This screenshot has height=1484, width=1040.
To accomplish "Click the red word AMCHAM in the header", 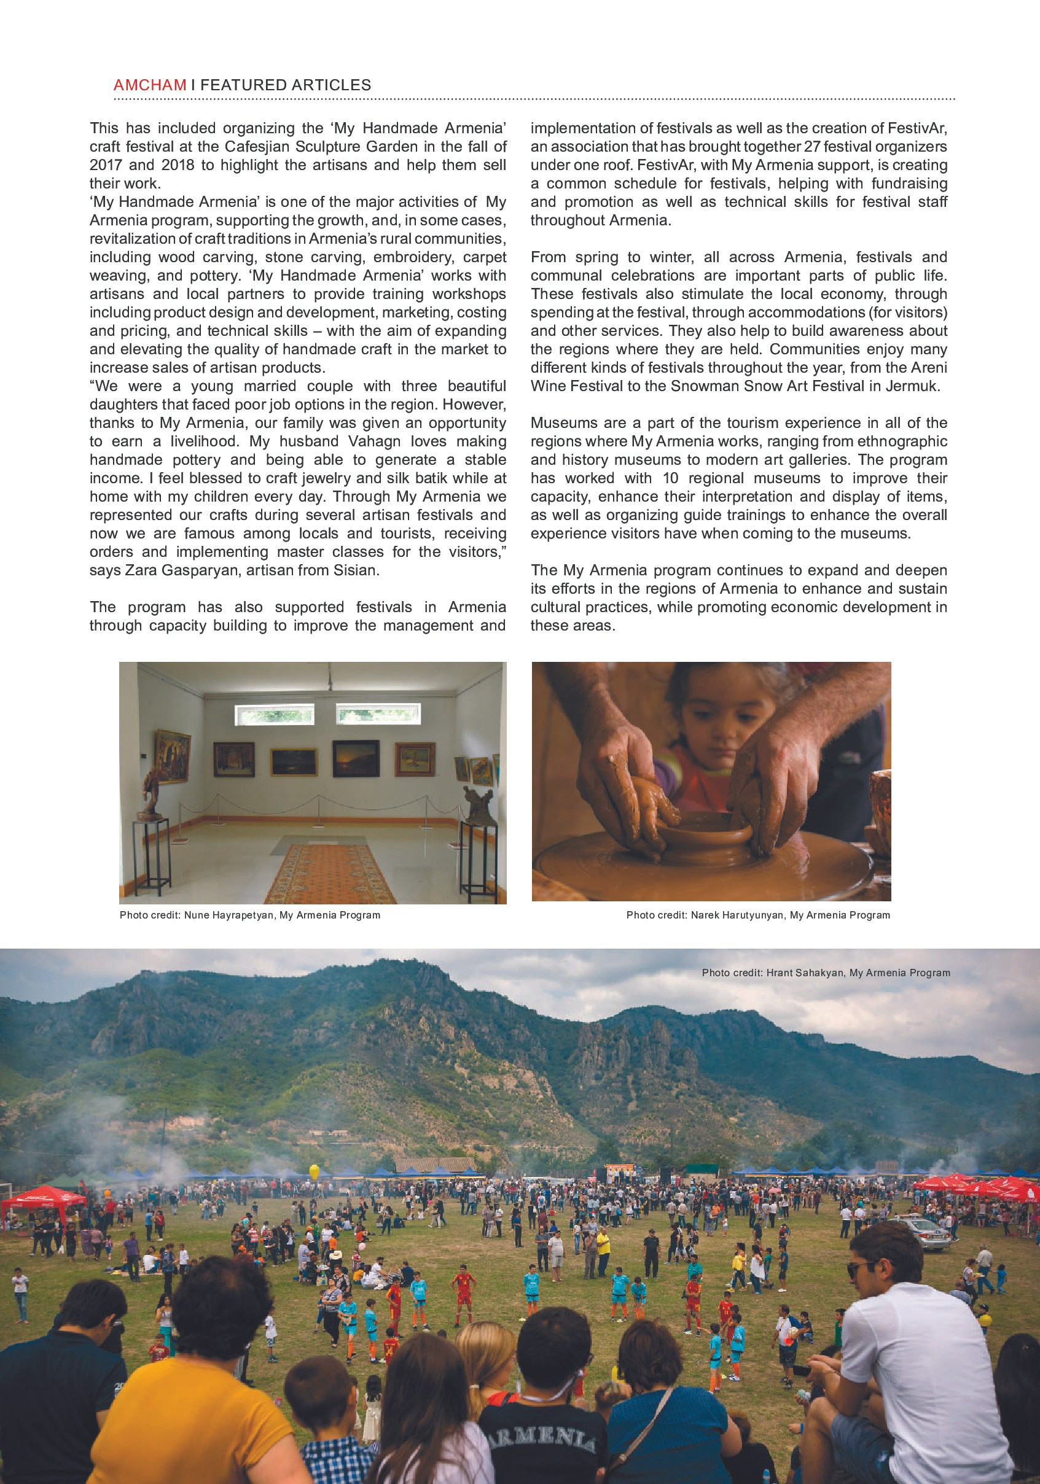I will click(x=149, y=85).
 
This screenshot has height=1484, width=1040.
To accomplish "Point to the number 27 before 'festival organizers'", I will click(x=812, y=147).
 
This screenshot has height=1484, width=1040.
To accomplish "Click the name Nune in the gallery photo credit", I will click(x=197, y=915).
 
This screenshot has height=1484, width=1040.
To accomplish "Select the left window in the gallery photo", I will click(x=274, y=714).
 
